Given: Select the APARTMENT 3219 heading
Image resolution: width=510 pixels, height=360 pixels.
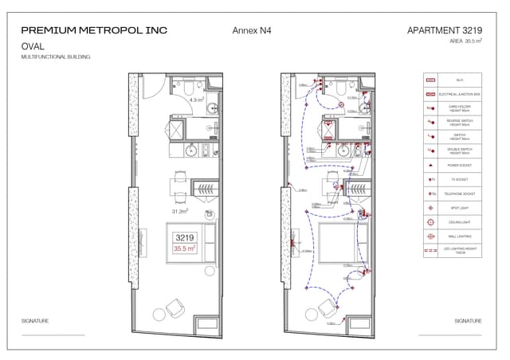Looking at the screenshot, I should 444,30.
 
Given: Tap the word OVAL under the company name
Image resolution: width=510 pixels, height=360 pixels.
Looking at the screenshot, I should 33,46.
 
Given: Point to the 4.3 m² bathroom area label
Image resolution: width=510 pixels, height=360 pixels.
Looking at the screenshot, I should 197,100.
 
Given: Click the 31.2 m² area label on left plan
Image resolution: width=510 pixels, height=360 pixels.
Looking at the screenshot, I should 179,212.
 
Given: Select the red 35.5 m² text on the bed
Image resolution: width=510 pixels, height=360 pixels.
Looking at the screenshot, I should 185,248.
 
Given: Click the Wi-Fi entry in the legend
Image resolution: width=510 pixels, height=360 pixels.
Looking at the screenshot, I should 460,80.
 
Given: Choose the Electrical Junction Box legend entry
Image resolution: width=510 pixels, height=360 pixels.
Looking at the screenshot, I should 460,94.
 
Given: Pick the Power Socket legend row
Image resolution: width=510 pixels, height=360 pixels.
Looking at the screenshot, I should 460,166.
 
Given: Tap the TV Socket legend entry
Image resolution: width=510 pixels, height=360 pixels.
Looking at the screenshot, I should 460,180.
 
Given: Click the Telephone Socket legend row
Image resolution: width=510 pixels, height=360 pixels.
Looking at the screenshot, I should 460,194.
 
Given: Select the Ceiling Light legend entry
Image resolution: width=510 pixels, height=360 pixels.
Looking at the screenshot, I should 460,222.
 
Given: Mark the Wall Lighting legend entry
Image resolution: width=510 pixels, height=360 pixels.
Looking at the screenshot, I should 460,237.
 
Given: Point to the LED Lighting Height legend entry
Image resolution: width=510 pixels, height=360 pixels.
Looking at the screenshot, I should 460,250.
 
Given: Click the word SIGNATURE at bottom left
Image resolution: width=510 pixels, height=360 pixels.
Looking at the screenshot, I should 35,321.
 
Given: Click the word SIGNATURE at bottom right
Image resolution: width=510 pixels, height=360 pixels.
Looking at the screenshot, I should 468,321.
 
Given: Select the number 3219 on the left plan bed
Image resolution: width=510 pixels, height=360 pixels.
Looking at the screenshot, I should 185,237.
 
